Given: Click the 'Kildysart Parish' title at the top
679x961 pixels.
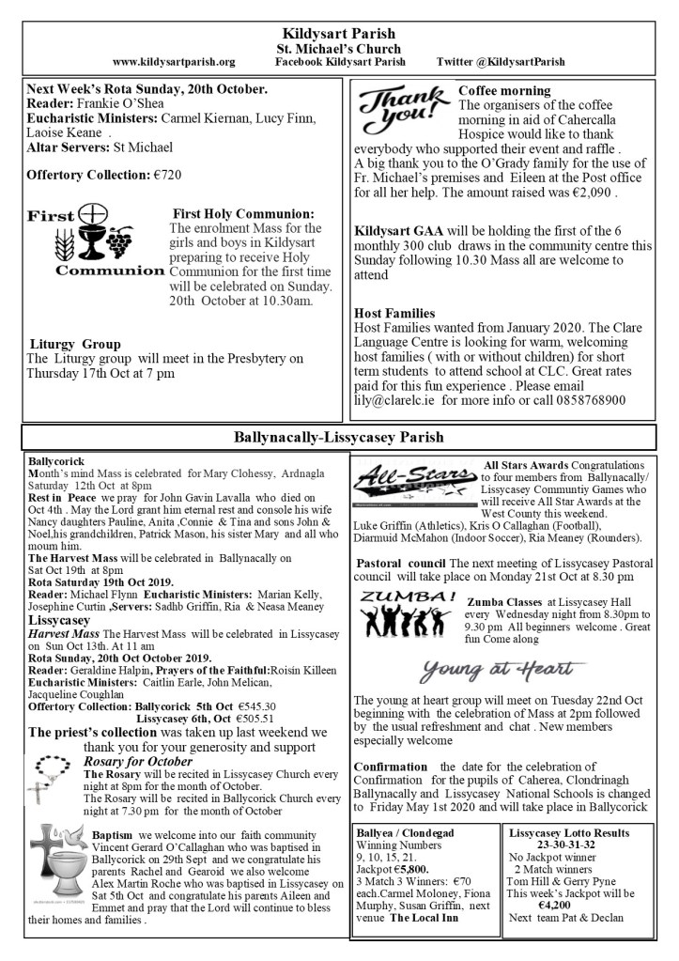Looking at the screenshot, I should click(x=339, y=34).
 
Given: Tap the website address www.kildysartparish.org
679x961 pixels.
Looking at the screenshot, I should click(x=173, y=62).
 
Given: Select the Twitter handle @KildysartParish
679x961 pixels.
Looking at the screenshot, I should click(x=501, y=62).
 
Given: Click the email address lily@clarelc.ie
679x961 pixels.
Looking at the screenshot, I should click(x=394, y=399).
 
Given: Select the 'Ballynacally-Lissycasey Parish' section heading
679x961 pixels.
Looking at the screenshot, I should click(x=338, y=437).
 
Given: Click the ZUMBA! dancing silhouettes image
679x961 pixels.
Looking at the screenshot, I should click(x=409, y=615).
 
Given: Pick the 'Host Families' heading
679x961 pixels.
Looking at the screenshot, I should click(x=394, y=313).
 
